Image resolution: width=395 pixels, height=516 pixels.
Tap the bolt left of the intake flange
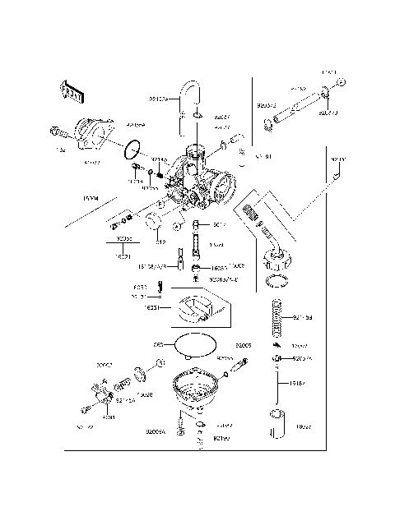pyautogui.click(x=59, y=130)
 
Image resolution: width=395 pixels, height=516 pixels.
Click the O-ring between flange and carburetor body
pyautogui.click(x=131, y=150)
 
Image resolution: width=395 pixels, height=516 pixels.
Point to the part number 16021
pyautogui.click(x=123, y=257)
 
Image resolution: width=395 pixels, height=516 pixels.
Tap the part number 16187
pyautogui.click(x=301, y=382)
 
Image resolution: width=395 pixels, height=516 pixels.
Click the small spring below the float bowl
pyautogui.click(x=199, y=442)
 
